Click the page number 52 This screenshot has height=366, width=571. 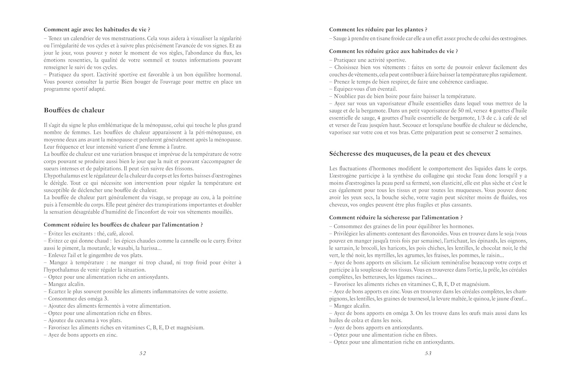pyautogui.click(x=142, y=353)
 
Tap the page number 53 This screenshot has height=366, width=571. pyautogui.click(x=428, y=353)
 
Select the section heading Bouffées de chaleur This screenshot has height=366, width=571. pyautogui.click(x=74, y=110)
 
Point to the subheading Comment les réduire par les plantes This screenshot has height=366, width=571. pyautogui.click(x=378, y=29)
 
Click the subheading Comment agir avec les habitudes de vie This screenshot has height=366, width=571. pyautogui.click(x=97, y=29)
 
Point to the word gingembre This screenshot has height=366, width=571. pyautogui.click(x=100, y=255)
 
